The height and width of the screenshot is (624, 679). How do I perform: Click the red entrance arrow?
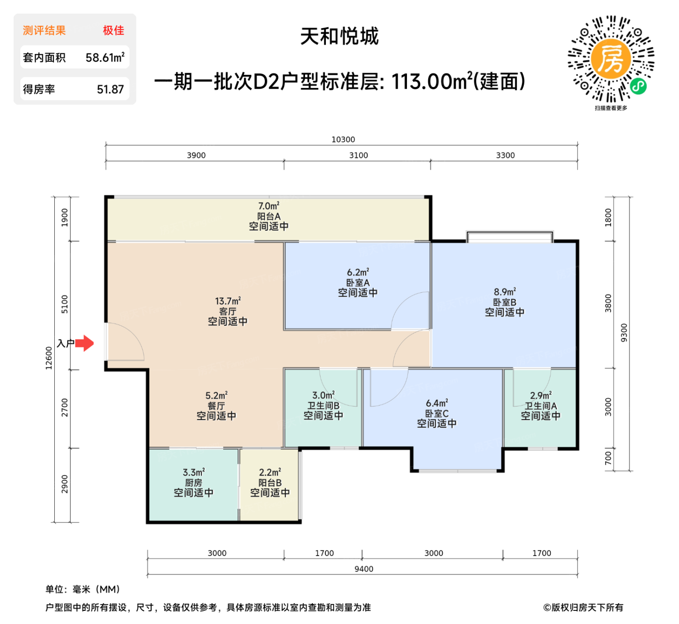85,343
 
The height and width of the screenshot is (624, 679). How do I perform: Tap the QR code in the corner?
611,59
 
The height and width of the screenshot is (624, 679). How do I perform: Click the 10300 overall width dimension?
343,139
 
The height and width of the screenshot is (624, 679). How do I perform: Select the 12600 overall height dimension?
48,358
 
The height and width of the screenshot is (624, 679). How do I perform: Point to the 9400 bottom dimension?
364,569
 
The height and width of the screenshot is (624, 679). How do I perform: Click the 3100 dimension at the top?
358,155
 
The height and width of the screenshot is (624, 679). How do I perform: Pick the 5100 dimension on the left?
65,304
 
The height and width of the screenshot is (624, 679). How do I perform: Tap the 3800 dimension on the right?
608,303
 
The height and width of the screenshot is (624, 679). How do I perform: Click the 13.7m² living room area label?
228,301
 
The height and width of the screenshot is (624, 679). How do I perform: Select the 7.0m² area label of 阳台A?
269,206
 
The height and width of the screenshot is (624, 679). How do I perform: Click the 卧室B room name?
504,302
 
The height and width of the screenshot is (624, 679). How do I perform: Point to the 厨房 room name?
194,483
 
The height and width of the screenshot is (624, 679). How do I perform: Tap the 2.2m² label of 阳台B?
270,472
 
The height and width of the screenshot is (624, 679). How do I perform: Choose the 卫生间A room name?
541,406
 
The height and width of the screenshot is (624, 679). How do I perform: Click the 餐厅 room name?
216,406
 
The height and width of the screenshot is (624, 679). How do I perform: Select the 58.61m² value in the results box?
105,58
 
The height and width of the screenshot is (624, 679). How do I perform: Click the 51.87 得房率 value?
110,89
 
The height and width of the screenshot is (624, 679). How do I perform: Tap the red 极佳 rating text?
113,31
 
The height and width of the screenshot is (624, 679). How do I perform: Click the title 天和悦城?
339,36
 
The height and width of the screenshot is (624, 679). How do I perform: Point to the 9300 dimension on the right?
624,332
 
